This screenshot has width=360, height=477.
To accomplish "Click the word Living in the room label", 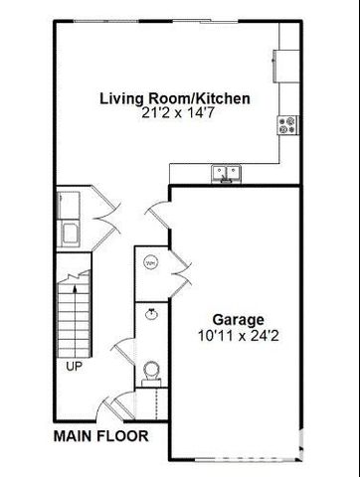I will tap(118, 99).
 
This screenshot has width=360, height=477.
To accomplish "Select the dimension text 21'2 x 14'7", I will tap(174, 114).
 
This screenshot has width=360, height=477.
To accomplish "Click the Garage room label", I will tap(237, 320).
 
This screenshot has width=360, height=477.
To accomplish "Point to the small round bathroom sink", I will tap(150, 313).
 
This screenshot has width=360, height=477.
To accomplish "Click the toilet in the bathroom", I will tap(150, 371).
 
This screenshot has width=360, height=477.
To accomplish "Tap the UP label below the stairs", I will tap(74, 366).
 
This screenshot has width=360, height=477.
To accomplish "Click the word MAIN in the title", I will tap(75, 435).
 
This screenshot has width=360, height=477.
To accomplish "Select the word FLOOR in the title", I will tap(122, 435).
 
